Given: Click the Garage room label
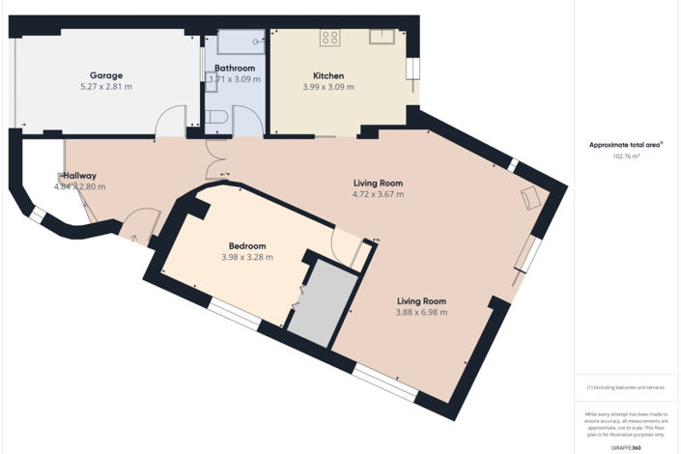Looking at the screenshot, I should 105,75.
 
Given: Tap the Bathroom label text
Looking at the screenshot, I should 235,69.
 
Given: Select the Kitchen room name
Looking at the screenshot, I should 328,76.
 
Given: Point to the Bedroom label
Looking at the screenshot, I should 246,246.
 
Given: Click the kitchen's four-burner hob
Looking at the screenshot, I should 330,39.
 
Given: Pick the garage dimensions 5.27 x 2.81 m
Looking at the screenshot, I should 105,86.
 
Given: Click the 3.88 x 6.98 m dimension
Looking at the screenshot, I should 420,312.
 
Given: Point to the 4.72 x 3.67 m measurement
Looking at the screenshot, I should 377,194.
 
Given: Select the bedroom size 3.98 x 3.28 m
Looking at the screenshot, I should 246,257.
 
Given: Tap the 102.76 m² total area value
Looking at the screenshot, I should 627,156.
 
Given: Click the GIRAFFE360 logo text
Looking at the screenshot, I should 627,447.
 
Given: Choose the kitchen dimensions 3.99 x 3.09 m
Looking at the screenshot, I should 328,87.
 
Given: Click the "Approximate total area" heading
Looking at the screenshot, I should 626,145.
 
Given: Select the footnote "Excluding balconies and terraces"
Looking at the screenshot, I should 626,387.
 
